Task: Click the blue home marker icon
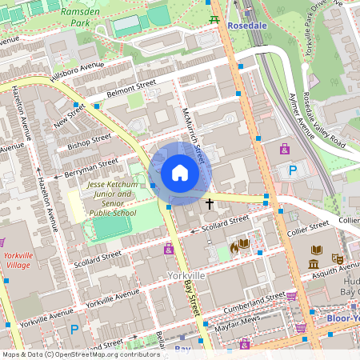click(179, 173)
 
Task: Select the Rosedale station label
click(247, 26)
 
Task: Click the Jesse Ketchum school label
click(111, 199)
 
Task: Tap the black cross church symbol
click(210, 204)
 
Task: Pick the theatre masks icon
click(338, 259)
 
